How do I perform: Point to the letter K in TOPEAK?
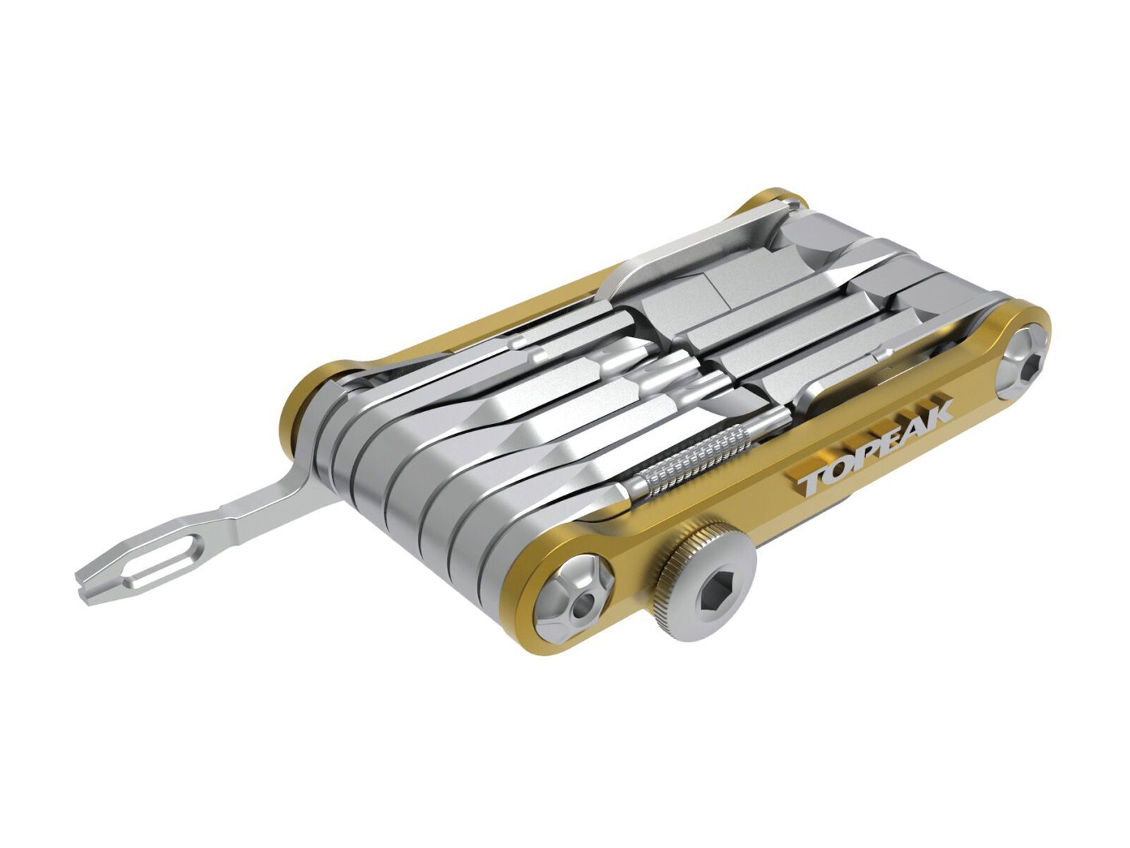(936, 412)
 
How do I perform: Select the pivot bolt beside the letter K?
(1022, 367)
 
